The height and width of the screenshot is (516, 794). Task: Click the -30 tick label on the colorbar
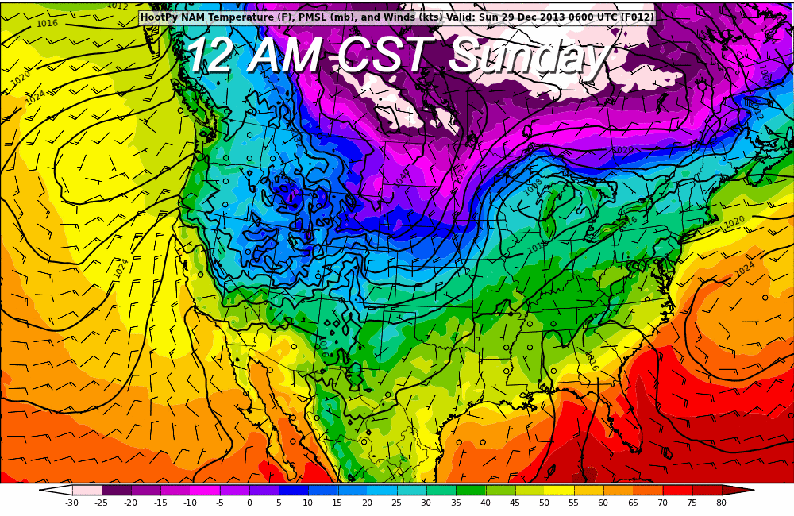click(71, 503)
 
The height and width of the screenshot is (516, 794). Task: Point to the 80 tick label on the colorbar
click(721, 503)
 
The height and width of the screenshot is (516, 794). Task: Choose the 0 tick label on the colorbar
click(249, 503)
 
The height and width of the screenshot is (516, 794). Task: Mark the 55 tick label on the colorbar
click(573, 503)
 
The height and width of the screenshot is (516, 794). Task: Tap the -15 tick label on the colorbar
click(160, 503)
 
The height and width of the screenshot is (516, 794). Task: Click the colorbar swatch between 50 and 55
click(558, 490)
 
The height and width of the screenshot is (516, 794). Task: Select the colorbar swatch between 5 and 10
click(293, 490)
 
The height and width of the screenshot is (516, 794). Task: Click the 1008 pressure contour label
click(534, 187)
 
